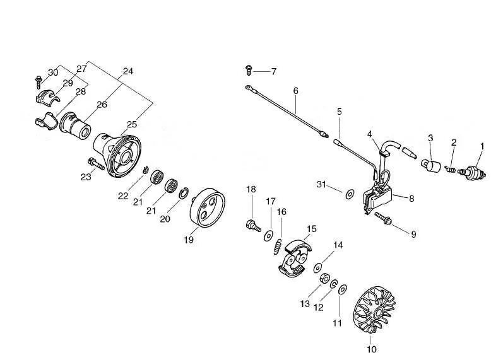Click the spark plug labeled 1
coord(473,171)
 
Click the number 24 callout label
coord(128,72)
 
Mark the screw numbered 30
coord(38,80)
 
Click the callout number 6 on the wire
coord(295,91)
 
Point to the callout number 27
coord(82,69)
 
